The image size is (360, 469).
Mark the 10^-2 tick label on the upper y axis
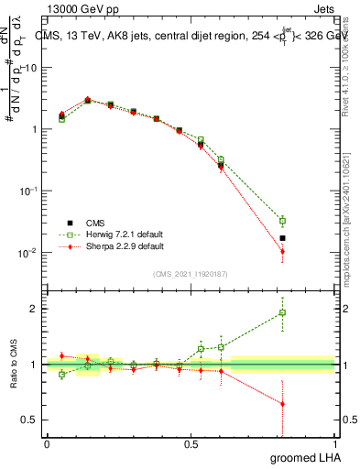(28, 253)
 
